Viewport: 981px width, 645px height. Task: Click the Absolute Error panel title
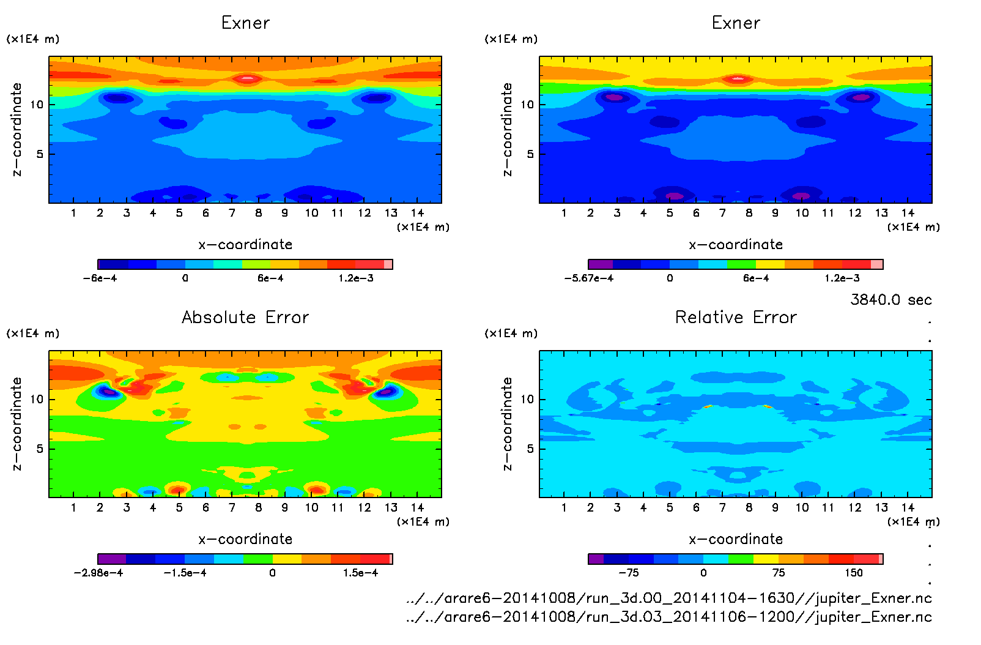[x=245, y=317]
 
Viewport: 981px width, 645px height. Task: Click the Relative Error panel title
[x=736, y=317]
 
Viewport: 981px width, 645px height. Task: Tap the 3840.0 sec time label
[x=890, y=300]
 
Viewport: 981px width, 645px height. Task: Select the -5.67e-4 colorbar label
[x=588, y=278]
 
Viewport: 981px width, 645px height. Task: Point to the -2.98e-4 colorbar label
[x=98, y=573]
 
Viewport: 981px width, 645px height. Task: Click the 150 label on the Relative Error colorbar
[x=854, y=573]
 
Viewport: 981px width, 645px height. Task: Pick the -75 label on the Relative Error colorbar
[x=628, y=573]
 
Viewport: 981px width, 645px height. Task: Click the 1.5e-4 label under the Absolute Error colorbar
[x=360, y=573]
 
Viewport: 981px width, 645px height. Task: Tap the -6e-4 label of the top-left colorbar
[x=100, y=278]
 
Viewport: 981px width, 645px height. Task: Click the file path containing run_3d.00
[x=668, y=598]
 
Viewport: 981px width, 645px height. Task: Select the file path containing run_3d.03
[x=668, y=617]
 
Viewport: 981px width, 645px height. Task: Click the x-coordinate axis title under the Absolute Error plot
[x=245, y=539]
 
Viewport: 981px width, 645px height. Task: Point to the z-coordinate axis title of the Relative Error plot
[x=507, y=423]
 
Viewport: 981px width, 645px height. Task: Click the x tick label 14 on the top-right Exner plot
[x=908, y=213]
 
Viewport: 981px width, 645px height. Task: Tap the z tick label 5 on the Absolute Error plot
[x=40, y=449]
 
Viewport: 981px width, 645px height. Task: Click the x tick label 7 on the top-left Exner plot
[x=232, y=213]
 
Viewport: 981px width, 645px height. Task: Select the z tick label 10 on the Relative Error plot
[x=527, y=400]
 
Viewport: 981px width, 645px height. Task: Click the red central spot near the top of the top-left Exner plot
[x=246, y=79]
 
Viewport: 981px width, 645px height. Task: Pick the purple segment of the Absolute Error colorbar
[x=112, y=559]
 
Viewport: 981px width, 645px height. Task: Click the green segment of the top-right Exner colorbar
[x=741, y=264]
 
